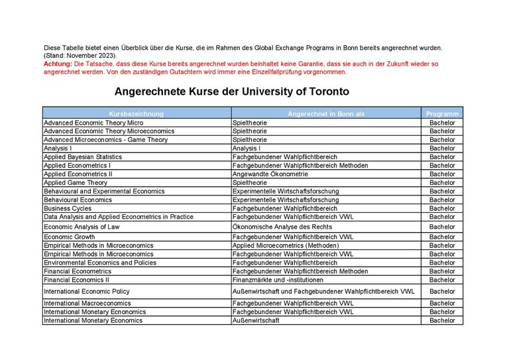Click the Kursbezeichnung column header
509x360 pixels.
tap(136, 114)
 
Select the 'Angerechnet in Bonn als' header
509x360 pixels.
tap(325, 114)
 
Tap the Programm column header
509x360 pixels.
tap(442, 114)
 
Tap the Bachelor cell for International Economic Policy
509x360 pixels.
tap(442, 291)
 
